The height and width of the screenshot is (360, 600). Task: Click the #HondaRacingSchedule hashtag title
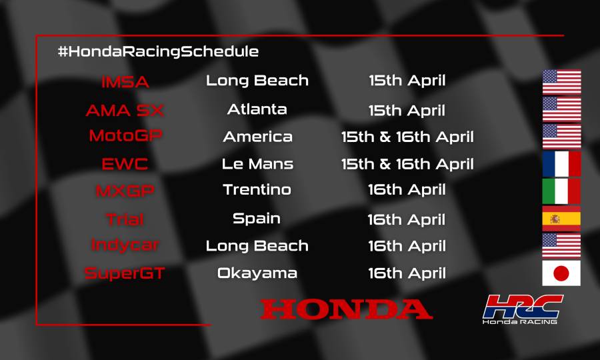click(158, 51)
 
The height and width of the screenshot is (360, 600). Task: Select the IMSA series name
click(125, 83)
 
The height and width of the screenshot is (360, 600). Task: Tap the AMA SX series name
click(125, 110)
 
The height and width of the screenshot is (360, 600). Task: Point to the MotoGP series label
click(125, 136)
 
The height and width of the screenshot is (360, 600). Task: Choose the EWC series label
click(125, 164)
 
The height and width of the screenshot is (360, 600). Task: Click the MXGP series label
click(125, 191)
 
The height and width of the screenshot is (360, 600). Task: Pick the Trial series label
click(125, 219)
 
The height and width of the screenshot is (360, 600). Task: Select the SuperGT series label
click(125, 273)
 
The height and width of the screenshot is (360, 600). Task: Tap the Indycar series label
click(125, 245)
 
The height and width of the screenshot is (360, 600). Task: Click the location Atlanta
click(257, 109)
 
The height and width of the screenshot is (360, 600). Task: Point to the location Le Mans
click(257, 163)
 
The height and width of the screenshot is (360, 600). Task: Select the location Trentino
click(257, 189)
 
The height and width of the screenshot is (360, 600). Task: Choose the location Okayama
click(257, 273)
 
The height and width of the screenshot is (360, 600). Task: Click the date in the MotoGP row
click(407, 137)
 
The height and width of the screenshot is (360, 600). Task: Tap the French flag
click(561, 163)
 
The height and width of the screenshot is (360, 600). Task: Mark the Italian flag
click(561, 191)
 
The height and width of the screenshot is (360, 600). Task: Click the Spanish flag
click(561, 218)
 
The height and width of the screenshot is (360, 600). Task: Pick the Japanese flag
click(561, 273)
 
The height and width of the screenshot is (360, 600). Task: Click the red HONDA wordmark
click(346, 309)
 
